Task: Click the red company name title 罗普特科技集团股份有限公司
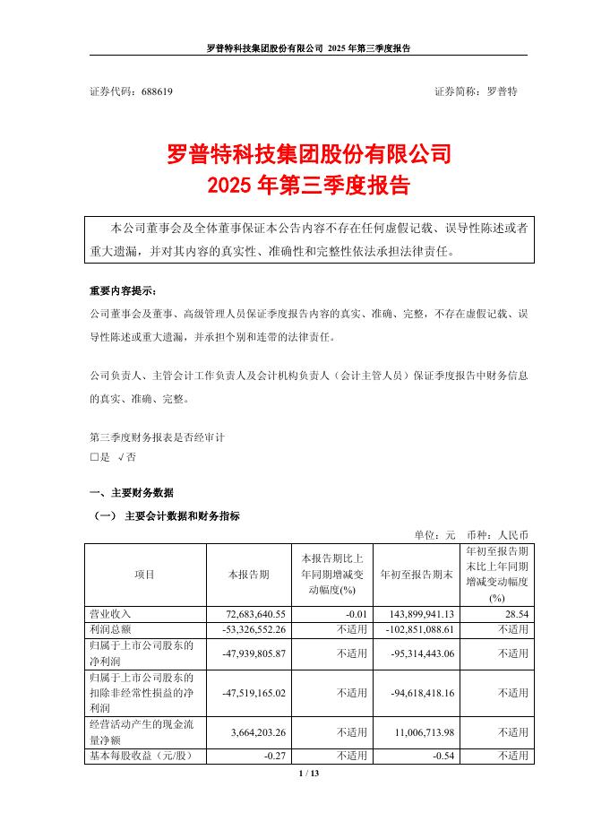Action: point(309,154)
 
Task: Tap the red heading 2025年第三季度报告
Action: point(309,186)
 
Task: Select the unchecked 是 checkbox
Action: point(94,457)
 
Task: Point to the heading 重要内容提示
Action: point(122,292)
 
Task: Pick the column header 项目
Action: point(143,575)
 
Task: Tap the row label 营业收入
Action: point(110,614)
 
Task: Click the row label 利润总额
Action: point(110,629)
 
